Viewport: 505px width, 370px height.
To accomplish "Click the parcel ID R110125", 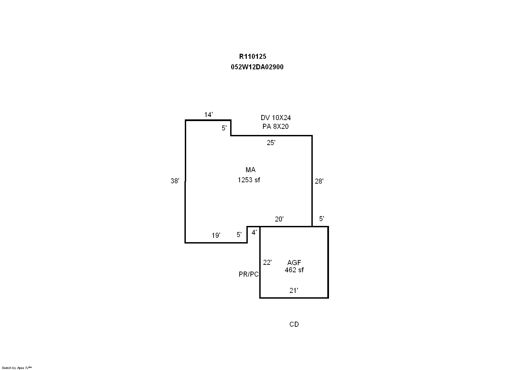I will pyautogui.click(x=252, y=56).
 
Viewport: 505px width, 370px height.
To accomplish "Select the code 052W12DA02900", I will pyautogui.click(x=257, y=67).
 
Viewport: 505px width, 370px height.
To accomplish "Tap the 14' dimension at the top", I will pyautogui.click(x=208, y=115).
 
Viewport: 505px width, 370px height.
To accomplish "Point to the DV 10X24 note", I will pyautogui.click(x=276, y=118).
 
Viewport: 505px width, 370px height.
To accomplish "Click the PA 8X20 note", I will pyautogui.click(x=276, y=126).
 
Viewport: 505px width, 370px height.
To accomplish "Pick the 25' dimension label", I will pyautogui.click(x=271, y=143).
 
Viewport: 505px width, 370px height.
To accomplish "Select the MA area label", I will pyautogui.click(x=250, y=170).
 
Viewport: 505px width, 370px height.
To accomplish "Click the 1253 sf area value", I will pyautogui.click(x=249, y=180).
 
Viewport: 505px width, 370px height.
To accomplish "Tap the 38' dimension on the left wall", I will pyautogui.click(x=175, y=181).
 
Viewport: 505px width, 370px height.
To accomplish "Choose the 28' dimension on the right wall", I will pyautogui.click(x=319, y=181).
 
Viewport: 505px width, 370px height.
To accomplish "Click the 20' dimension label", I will pyautogui.click(x=279, y=219).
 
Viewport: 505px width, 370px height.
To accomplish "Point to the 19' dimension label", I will pyautogui.click(x=216, y=235).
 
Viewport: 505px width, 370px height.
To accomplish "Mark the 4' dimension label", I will pyautogui.click(x=254, y=232).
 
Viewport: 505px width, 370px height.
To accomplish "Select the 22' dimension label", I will pyautogui.click(x=267, y=262).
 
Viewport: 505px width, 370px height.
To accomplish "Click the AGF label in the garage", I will pyautogui.click(x=294, y=262).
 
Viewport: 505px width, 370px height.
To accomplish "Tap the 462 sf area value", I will pyautogui.click(x=294, y=270).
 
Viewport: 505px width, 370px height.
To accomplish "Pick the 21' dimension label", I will pyautogui.click(x=294, y=291).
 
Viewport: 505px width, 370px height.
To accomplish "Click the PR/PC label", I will pyautogui.click(x=249, y=274).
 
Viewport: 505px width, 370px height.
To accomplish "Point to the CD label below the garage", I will pyautogui.click(x=294, y=324).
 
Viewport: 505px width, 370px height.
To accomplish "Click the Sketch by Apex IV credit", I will pyautogui.click(x=17, y=368).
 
